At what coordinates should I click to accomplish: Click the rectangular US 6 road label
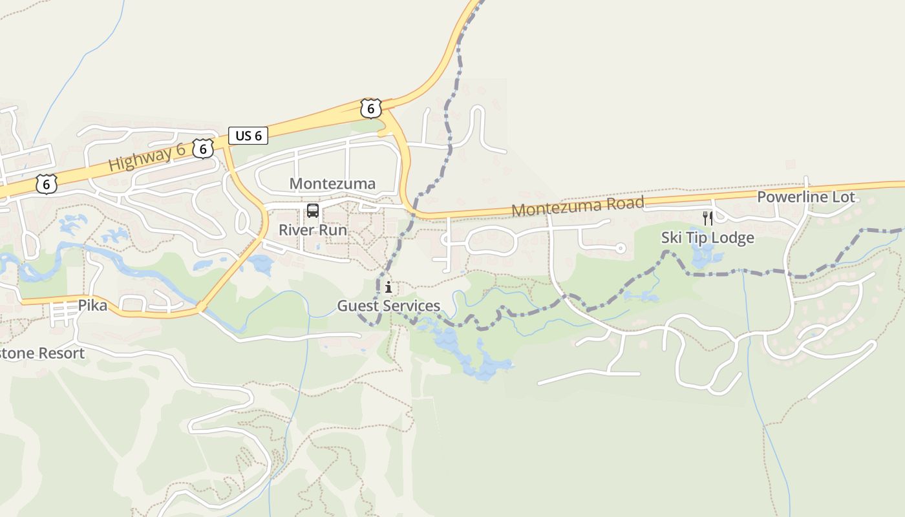tap(248, 136)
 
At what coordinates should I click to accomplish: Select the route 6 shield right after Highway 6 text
tap(203, 149)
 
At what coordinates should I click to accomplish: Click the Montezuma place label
tap(332, 184)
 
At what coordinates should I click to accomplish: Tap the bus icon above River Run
tap(313, 211)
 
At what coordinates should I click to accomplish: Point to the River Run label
tap(313, 230)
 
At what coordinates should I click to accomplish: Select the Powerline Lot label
tap(805, 197)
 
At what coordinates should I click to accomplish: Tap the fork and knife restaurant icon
tap(708, 218)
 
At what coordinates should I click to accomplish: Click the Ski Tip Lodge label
tap(707, 238)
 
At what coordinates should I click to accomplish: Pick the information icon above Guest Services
tap(388, 288)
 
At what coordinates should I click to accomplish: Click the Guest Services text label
tap(389, 306)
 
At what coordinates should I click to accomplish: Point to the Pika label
tap(92, 305)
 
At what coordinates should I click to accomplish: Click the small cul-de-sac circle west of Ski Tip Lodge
tap(621, 248)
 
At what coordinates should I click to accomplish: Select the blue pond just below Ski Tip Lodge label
tap(703, 257)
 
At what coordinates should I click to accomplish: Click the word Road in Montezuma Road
tap(624, 204)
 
